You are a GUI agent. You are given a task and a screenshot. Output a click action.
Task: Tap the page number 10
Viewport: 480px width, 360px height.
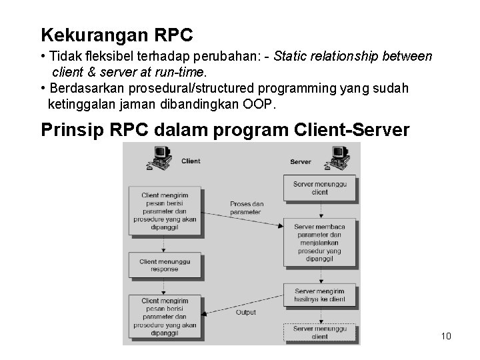446,335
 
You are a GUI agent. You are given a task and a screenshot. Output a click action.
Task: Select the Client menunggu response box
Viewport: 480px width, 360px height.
165,265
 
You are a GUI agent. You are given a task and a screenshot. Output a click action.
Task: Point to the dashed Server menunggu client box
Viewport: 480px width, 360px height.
320,333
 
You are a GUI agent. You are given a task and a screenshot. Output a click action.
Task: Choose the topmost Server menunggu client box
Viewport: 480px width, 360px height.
320,187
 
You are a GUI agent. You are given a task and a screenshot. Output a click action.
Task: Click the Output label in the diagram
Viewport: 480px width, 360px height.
245,312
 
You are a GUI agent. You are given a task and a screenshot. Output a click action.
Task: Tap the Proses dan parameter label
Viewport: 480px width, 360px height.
247,208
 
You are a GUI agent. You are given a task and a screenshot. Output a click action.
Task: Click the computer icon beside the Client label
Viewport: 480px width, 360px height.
161,157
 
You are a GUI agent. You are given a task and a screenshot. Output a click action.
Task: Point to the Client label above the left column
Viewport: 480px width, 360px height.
191,161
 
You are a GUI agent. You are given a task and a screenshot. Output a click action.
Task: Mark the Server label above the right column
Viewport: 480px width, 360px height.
301,161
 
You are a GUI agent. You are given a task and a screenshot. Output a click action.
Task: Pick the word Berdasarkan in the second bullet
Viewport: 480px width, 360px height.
84,89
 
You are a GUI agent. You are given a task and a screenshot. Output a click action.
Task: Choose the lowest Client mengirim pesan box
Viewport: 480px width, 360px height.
165,316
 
